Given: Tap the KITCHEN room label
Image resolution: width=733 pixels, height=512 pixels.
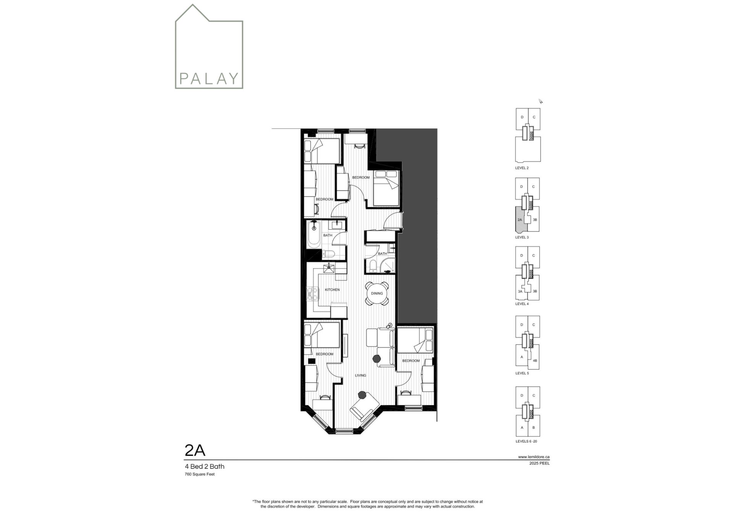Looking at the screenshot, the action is tap(332, 290).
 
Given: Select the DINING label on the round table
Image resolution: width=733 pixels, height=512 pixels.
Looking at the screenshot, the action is tap(377, 293).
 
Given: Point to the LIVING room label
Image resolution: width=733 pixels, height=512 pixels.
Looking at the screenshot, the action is tap(360, 375).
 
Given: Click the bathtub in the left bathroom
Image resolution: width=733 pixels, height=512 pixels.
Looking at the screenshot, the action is tap(315, 235).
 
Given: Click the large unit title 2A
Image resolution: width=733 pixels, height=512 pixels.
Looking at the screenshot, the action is tap(195, 451).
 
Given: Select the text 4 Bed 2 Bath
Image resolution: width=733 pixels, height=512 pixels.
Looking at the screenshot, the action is tap(205, 467).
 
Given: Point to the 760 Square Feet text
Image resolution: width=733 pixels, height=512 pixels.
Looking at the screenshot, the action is tap(200, 475).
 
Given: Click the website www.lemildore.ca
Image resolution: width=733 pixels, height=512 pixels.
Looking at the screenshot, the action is tap(534, 457).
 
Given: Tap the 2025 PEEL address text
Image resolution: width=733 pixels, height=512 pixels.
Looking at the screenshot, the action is tap(539, 463).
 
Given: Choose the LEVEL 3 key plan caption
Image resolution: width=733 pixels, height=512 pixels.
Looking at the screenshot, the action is tap(522, 237).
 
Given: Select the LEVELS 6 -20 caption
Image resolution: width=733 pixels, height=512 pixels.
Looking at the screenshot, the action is tap(526, 441).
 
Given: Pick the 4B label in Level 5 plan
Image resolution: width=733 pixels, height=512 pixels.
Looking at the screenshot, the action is tap(535, 360).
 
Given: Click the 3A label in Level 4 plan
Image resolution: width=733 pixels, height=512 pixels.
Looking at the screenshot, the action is tap(520, 291).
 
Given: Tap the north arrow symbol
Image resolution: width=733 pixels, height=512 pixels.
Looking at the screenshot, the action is tap(541, 101).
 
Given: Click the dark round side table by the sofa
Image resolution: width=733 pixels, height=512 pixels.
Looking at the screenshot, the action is tap(377, 358).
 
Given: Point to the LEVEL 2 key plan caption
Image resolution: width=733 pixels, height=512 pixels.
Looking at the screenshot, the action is tap(522, 168).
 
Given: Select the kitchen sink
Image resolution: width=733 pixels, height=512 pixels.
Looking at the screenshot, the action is tap(329, 268).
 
